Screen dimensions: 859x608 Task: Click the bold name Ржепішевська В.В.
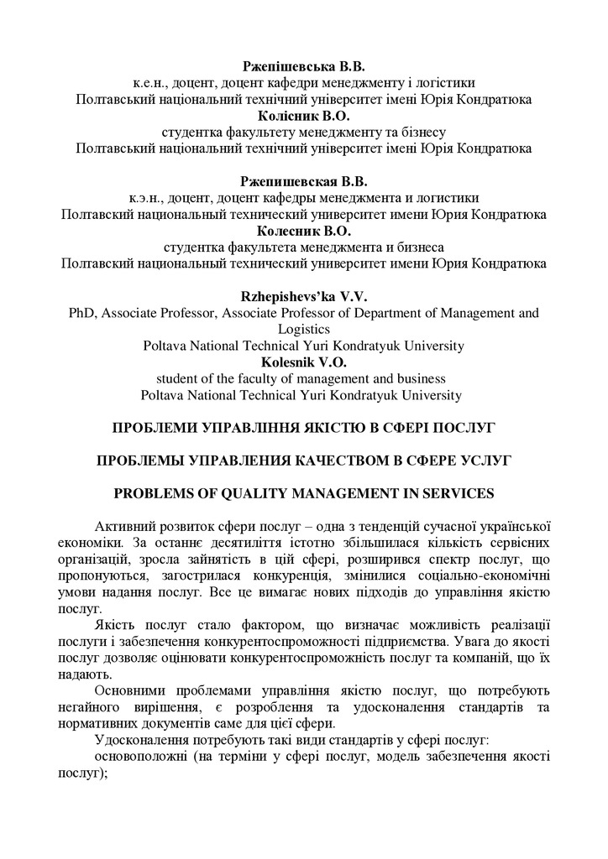[304, 65]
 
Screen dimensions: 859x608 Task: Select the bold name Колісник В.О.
[304, 116]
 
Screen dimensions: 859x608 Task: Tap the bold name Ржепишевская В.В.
[304, 181]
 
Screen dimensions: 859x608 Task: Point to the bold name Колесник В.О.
[304, 231]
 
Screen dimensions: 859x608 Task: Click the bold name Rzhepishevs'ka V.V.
[304, 297]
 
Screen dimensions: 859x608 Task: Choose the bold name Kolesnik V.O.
[304, 362]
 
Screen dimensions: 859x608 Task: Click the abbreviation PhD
[81, 314]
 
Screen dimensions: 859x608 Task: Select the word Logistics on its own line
[304, 330]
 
